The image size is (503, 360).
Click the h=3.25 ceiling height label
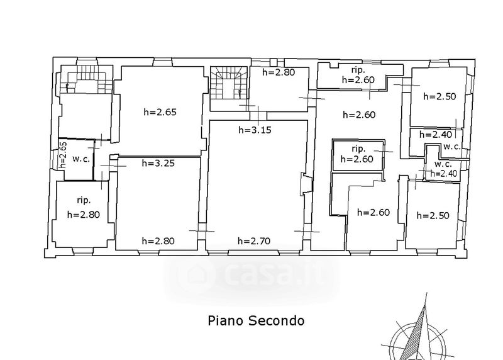pos(158,163)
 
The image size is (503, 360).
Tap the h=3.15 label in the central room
pos(255,130)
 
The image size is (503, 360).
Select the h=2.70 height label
pos(254,241)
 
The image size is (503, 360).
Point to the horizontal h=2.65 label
pos(160,112)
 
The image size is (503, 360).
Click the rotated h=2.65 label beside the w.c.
pos(64,155)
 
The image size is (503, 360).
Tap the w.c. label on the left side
pos(81,159)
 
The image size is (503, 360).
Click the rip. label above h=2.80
pos(84,200)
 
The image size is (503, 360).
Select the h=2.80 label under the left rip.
pos(84,215)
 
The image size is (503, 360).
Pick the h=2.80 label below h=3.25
pos(158,241)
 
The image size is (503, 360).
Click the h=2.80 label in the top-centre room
pos(279,72)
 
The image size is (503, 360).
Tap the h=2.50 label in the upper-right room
pos(439,96)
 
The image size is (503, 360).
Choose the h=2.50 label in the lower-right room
pos(433,215)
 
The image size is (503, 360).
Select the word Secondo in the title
pos(277,321)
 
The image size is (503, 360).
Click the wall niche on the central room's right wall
pos(306,184)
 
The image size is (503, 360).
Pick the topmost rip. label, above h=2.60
pos(358,70)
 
